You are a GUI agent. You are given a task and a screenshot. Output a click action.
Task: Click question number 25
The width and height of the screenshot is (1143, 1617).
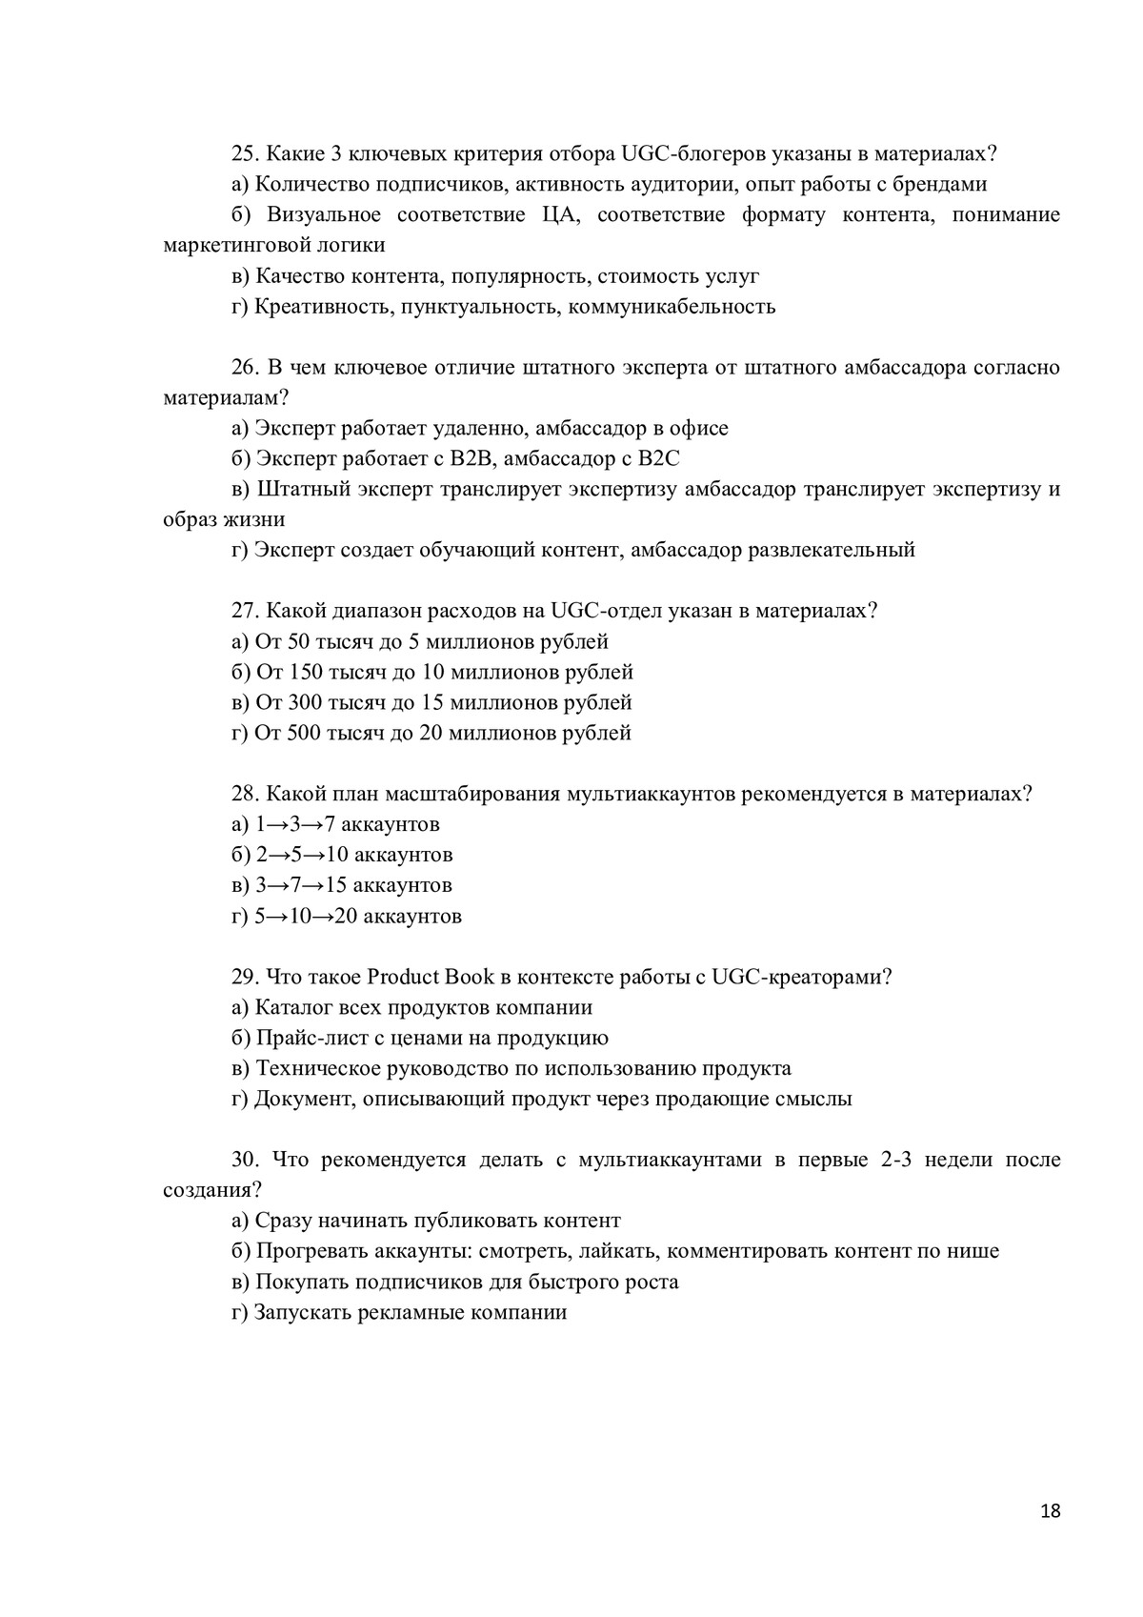246,153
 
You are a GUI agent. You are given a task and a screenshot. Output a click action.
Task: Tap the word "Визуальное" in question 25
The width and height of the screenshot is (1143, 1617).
324,214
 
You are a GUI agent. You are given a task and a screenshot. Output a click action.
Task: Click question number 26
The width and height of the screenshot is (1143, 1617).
246,367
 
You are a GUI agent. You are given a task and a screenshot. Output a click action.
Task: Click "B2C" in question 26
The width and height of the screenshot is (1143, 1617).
658,458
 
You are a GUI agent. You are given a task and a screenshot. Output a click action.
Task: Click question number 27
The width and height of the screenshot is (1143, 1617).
246,611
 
